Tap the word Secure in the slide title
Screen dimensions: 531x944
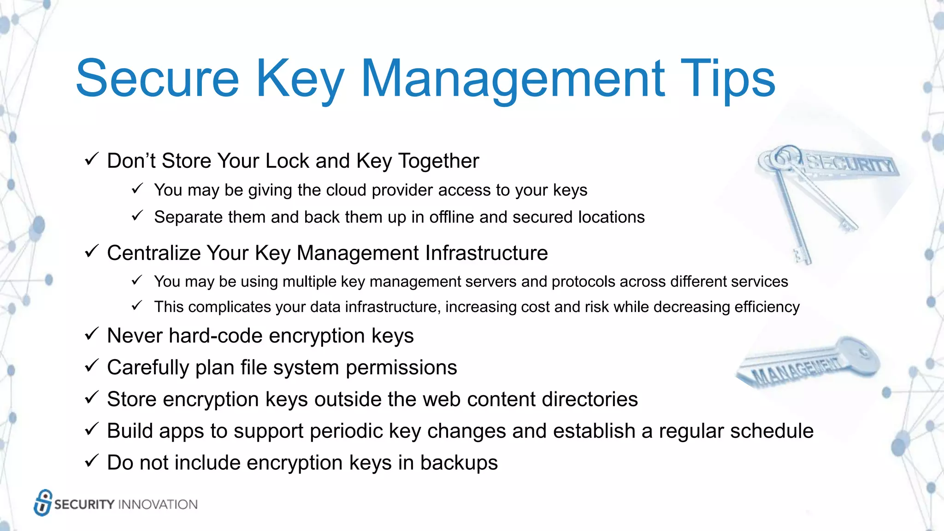click(157, 79)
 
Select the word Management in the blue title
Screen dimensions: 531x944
click(513, 79)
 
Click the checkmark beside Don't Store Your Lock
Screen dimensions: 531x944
click(91, 159)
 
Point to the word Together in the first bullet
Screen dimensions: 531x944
click(438, 161)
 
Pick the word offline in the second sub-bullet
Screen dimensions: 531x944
click(452, 217)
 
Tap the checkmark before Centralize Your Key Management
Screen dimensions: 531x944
click(91, 252)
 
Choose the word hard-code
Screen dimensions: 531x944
click(216, 336)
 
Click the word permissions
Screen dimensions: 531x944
click(401, 368)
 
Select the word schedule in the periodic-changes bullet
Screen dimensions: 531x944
click(772, 431)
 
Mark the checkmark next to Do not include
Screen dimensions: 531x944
click(91, 461)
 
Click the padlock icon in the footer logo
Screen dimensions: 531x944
click(43, 502)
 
